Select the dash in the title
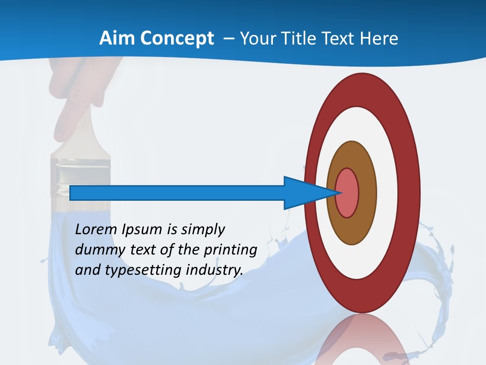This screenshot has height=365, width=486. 227,39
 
